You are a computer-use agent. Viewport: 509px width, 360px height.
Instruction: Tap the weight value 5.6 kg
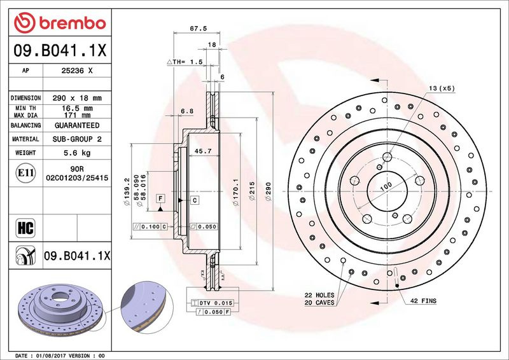77,153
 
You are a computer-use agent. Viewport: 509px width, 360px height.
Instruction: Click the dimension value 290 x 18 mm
77,98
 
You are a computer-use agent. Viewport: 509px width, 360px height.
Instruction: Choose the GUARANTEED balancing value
77,126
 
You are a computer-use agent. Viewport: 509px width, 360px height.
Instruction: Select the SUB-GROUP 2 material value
77,139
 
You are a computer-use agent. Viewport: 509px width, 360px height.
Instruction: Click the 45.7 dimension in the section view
202,151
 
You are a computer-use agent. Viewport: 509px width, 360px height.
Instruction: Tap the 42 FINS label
423,300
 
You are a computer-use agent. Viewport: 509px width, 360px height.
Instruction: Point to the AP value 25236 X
77,71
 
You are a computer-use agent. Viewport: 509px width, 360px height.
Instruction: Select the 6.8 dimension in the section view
186,111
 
